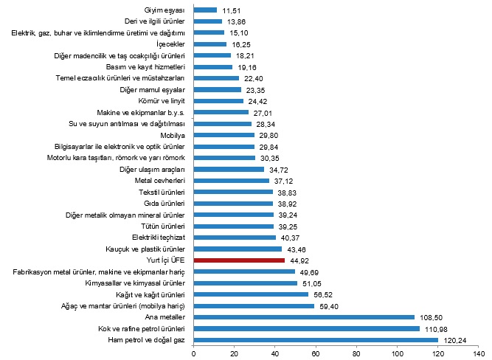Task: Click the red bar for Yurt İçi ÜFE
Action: (239, 260)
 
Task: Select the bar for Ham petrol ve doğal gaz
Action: (316, 339)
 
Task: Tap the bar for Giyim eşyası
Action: (205, 10)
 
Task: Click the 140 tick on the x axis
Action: (479, 353)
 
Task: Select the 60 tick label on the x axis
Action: (316, 353)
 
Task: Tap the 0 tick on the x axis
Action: (193, 353)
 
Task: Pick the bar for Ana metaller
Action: (304, 316)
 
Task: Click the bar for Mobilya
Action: (224, 135)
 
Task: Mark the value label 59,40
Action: (326, 305)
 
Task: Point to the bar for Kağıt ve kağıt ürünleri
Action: (251, 294)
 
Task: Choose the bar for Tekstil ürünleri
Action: (233, 192)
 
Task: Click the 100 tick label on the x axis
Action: (397, 353)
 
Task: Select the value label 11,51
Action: (229, 10)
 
